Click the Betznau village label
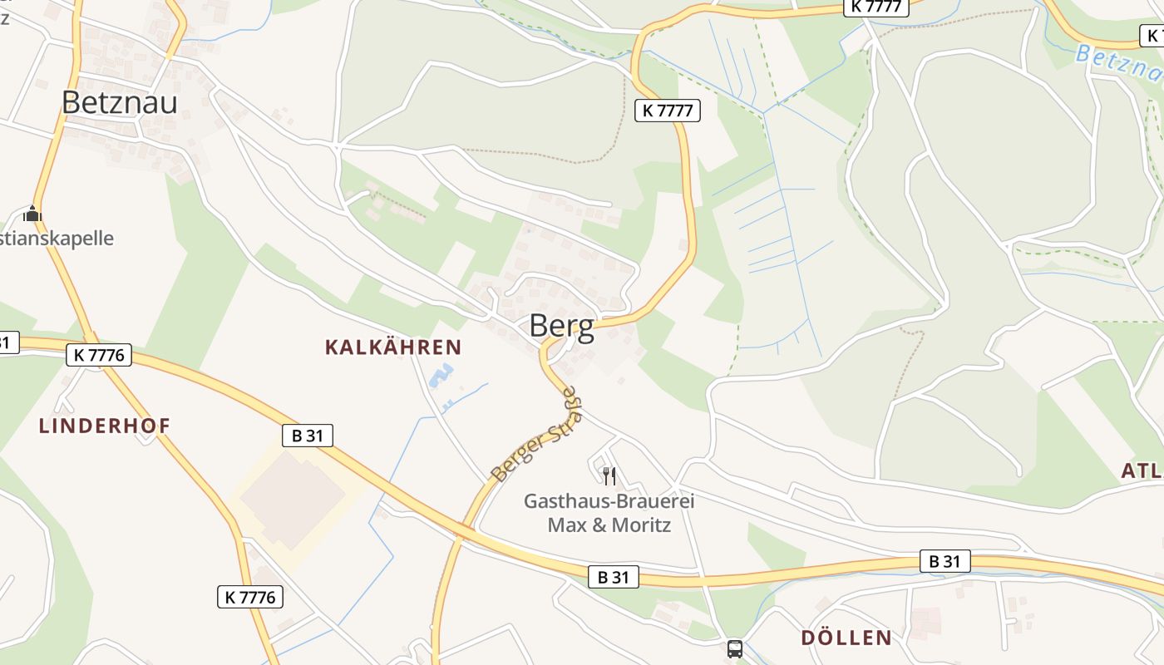point(120,102)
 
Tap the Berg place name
point(562,326)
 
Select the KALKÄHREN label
point(392,347)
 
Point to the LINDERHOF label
point(105,426)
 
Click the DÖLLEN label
point(846,638)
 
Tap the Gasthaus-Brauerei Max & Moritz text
point(609,513)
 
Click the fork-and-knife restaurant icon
point(609,475)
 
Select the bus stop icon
point(735,649)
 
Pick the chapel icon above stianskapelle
point(32,214)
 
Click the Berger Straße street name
point(536,436)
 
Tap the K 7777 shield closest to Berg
point(668,110)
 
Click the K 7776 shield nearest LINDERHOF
point(99,355)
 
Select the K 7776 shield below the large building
point(250,596)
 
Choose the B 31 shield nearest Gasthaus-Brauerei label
point(614,577)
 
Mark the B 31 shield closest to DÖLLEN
point(945,561)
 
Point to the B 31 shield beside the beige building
point(308,435)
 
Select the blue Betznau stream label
point(1118,65)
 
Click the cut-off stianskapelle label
point(57,239)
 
